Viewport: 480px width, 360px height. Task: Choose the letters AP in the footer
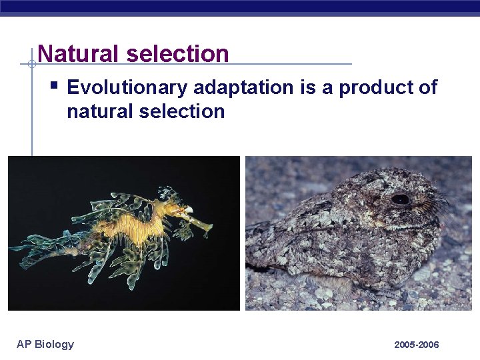[24, 344]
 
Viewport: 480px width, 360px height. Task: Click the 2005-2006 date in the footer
[417, 345]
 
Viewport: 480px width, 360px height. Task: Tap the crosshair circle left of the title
[31, 64]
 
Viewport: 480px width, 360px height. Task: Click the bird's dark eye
[400, 199]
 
